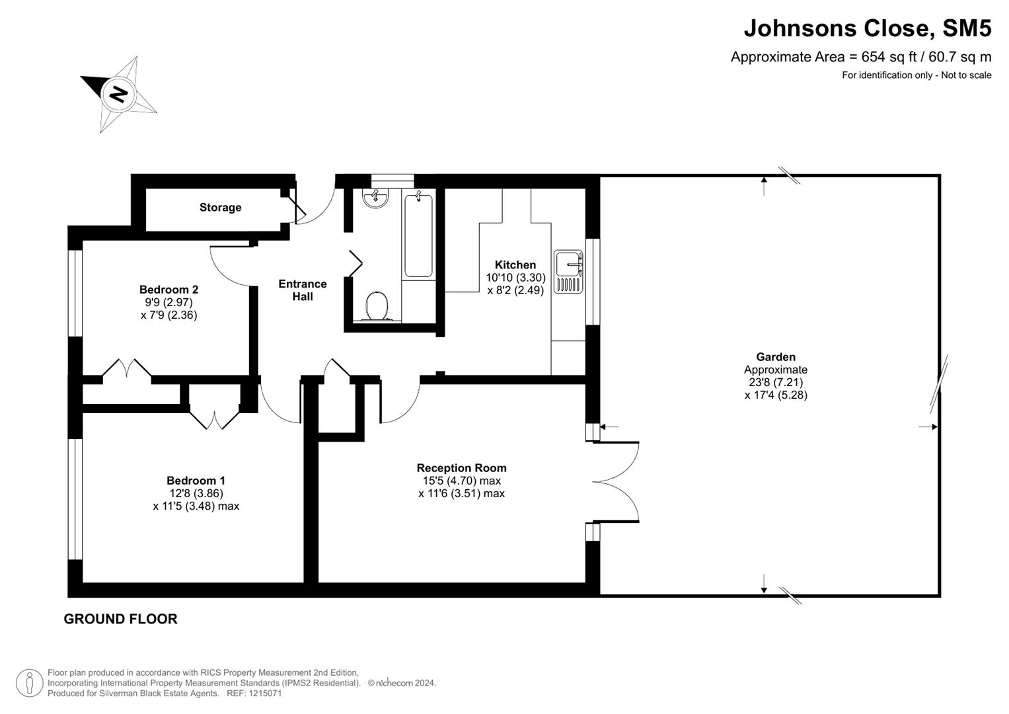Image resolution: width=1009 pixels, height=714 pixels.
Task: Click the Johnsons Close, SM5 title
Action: pyautogui.click(x=867, y=28)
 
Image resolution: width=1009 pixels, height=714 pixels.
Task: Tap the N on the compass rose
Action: pyautogui.click(x=119, y=94)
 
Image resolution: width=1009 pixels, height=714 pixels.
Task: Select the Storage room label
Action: pyautogui.click(x=220, y=208)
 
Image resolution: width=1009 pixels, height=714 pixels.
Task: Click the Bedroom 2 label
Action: pyautogui.click(x=168, y=290)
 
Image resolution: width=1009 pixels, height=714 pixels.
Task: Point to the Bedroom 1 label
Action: pyautogui.click(x=196, y=481)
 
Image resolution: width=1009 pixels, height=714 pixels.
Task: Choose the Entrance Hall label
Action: pyautogui.click(x=303, y=290)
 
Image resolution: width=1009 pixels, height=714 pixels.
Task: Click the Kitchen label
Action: pyautogui.click(x=515, y=265)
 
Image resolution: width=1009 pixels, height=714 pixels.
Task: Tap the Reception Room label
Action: pyautogui.click(x=461, y=468)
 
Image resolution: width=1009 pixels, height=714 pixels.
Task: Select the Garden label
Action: pyautogui.click(x=776, y=357)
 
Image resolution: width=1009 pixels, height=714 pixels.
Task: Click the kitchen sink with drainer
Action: pyautogui.click(x=568, y=272)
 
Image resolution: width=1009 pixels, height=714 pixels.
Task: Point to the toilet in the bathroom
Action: pyautogui.click(x=377, y=307)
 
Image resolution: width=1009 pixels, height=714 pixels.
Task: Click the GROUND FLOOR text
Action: pyautogui.click(x=120, y=619)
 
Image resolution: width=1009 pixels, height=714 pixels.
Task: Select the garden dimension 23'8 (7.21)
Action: pyautogui.click(x=776, y=382)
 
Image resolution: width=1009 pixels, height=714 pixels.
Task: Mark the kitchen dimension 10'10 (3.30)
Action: pyautogui.click(x=515, y=278)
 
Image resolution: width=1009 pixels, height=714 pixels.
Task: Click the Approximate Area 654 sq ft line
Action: pyautogui.click(x=860, y=57)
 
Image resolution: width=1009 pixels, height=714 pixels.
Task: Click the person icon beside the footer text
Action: pyautogui.click(x=29, y=683)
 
